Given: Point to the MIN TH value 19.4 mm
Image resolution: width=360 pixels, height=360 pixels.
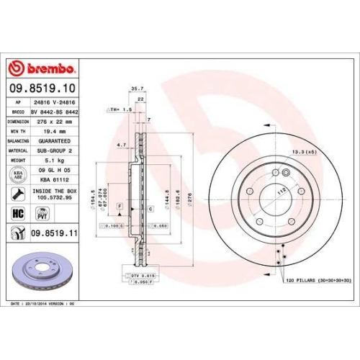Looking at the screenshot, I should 46,132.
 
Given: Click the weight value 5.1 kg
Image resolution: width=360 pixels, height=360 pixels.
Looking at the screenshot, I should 42,161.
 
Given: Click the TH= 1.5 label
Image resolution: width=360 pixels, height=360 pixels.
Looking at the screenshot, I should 120,109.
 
